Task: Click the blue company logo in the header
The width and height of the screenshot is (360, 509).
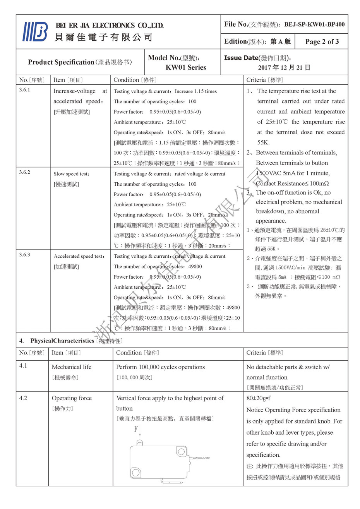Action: click(35, 32)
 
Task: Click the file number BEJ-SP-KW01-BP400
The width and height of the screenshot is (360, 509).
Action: click(314, 24)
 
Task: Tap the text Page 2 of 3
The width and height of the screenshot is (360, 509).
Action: click(322, 42)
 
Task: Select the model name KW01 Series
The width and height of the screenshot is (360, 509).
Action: click(186, 67)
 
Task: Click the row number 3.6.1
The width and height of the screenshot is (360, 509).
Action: click(24, 90)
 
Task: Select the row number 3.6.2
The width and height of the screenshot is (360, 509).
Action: click(24, 172)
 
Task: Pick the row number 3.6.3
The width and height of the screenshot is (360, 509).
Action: click(24, 255)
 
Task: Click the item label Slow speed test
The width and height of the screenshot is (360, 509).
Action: click(72, 174)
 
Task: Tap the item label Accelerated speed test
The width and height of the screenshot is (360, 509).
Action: click(79, 256)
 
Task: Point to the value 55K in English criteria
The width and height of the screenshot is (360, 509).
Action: click(264, 142)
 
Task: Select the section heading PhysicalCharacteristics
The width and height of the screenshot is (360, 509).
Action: click(62, 341)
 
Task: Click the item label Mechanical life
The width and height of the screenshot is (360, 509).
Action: click(72, 367)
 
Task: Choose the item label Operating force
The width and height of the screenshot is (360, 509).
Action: click(72, 398)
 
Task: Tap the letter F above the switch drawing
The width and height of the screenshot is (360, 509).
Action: click(136, 429)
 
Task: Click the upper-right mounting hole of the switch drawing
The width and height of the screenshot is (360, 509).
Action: click(180, 452)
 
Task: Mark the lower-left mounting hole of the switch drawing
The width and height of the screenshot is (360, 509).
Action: click(136, 473)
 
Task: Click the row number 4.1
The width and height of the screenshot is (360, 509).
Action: click(23, 366)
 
